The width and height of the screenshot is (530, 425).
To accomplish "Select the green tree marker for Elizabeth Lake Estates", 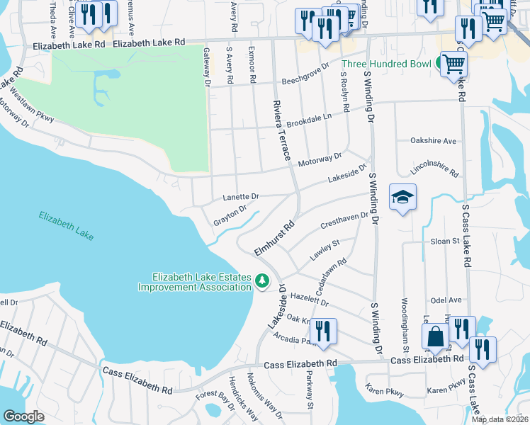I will click(262, 281).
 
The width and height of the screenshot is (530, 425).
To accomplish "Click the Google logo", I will click(23, 416).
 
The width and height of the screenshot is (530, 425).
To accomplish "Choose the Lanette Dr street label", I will click(241, 196).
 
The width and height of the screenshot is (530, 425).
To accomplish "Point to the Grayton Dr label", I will click(230, 216).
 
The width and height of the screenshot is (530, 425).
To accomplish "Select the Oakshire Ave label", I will click(433, 140).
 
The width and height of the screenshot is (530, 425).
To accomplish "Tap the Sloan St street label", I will click(445, 242).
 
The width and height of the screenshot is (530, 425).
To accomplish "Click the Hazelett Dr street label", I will click(310, 302).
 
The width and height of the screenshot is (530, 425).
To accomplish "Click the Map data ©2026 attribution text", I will click(500, 419).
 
